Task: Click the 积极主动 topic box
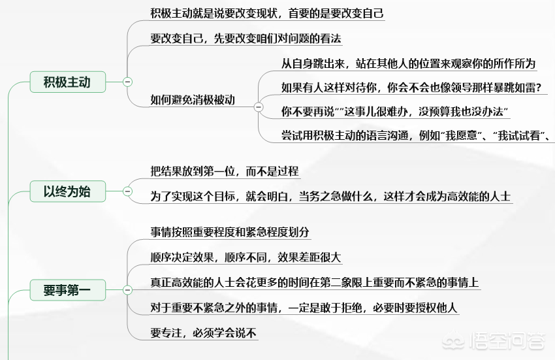click(x=68, y=82)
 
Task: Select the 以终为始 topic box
click(x=68, y=191)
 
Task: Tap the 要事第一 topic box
click(x=68, y=290)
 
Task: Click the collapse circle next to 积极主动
click(x=127, y=82)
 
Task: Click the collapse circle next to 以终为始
click(x=127, y=191)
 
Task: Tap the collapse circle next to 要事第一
click(x=127, y=290)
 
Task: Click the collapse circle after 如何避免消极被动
click(x=259, y=106)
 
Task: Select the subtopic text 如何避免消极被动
click(x=193, y=99)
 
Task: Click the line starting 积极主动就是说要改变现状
click(x=267, y=14)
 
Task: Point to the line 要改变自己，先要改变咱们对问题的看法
click(x=246, y=39)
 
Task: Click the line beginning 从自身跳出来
click(x=408, y=63)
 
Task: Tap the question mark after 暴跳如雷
click(x=539, y=88)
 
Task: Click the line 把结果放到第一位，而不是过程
click(x=225, y=171)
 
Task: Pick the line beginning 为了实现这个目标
click(x=330, y=196)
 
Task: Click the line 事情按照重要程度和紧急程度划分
click(x=230, y=232)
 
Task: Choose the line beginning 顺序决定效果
click(x=246, y=257)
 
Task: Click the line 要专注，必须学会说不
click(x=203, y=333)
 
